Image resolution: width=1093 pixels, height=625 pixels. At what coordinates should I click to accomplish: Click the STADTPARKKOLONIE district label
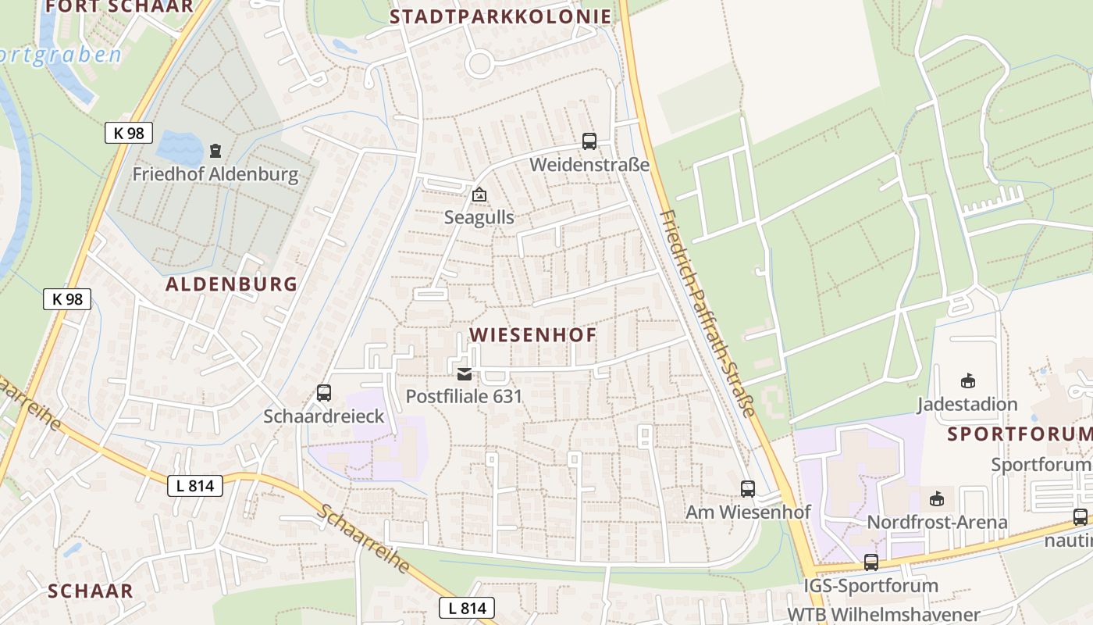[x=500, y=16]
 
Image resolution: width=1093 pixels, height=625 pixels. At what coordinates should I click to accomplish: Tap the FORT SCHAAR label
[x=119, y=6]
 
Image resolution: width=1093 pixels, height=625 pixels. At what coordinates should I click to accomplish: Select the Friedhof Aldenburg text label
[x=215, y=174]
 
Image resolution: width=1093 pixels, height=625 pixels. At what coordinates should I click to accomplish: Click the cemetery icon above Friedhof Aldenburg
[x=215, y=149]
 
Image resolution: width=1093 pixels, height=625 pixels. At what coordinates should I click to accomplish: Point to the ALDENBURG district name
[x=232, y=284]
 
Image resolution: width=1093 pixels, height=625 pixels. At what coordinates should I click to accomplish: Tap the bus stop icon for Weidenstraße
[x=589, y=141]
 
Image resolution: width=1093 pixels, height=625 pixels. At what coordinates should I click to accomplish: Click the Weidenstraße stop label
[x=589, y=165]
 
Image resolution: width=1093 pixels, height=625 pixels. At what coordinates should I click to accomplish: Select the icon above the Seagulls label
[x=479, y=194]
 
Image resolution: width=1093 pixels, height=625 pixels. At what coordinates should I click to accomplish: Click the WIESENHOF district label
[x=533, y=335]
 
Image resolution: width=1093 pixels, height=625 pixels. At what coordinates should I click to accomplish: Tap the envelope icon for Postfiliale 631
[x=465, y=374]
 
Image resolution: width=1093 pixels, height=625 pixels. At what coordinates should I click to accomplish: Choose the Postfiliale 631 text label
[x=464, y=396]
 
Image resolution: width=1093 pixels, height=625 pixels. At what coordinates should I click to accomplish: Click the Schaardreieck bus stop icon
[x=324, y=393]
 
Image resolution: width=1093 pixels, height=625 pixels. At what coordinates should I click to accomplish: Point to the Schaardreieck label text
[x=324, y=416]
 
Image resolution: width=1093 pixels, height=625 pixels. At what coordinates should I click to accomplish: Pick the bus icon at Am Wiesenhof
[x=748, y=489]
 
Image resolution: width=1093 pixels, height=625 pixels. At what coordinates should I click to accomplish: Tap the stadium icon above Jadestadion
[x=967, y=381]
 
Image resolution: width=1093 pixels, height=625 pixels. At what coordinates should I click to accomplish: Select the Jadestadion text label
[x=967, y=405]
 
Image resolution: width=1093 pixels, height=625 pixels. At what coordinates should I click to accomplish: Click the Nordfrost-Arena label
[x=938, y=522]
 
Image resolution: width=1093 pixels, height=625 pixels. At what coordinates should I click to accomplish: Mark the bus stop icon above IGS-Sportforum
[x=871, y=562]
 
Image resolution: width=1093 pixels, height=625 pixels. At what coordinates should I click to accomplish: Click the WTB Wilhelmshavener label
[x=883, y=614]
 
